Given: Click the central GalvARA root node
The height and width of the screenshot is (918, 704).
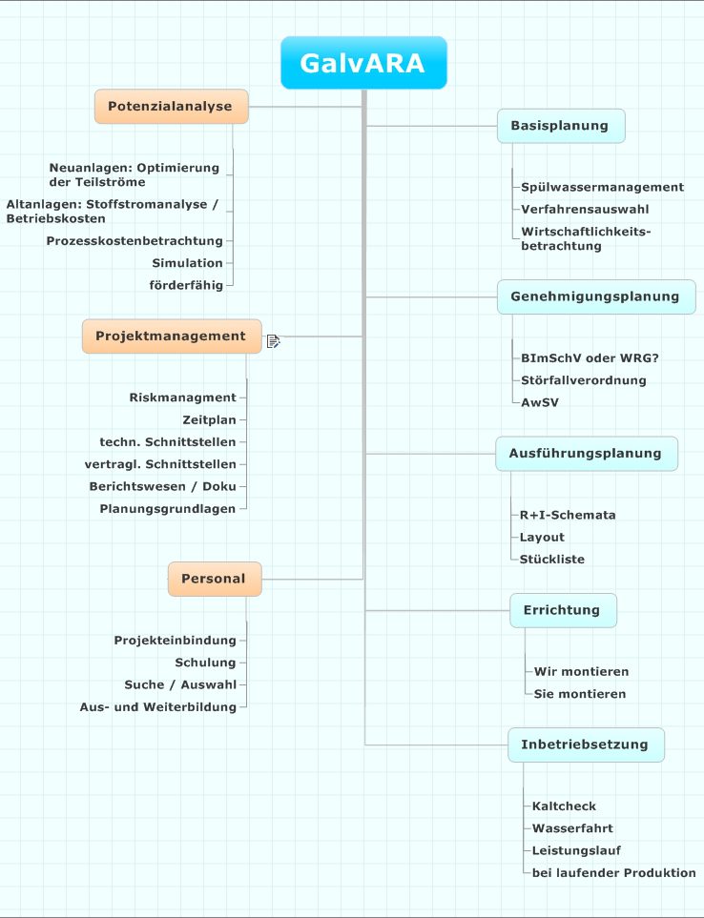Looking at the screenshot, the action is tap(363, 63).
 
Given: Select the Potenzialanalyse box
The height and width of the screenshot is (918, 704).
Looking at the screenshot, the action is tap(171, 106).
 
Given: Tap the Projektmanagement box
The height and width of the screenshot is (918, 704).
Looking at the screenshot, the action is tap(172, 337).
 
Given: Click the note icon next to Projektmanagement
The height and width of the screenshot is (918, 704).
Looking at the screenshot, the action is tap(274, 340).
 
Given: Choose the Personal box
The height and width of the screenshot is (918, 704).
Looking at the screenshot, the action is tap(215, 579).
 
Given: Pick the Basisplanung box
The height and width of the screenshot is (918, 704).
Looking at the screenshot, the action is tap(561, 125).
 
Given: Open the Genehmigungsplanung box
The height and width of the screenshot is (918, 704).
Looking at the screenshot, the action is tap(595, 296).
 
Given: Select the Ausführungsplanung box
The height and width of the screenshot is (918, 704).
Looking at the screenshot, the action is tap(587, 453).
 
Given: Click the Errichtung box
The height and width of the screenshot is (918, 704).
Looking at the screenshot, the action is tap(563, 610).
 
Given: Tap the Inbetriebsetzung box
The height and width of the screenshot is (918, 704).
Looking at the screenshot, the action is tap(586, 745).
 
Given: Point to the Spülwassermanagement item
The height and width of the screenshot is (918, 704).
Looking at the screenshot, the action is tap(602, 188).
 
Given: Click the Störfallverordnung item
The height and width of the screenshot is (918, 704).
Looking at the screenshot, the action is tap(584, 380).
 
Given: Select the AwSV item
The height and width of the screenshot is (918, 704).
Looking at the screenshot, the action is tap(539, 403).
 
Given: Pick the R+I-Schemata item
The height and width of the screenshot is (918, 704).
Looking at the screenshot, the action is tap(568, 515).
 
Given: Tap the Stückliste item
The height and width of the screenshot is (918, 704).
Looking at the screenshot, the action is tap(551, 560).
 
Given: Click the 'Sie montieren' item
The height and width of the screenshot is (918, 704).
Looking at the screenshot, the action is tap(580, 694).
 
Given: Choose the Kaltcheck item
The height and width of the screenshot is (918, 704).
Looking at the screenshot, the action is tap(564, 806).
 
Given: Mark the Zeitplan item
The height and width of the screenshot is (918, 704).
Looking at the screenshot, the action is tap(209, 419).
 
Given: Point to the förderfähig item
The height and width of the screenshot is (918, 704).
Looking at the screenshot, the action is tap(186, 285).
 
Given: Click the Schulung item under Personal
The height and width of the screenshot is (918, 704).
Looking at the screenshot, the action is tap(205, 663).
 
